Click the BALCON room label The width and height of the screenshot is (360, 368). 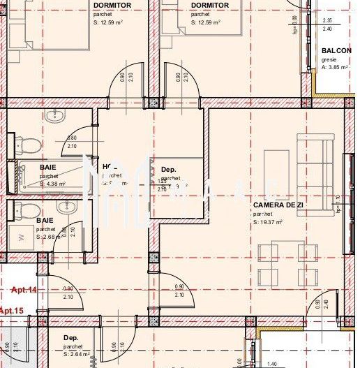pyautogui.click(x=336, y=51)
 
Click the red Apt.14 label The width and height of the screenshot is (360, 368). pyautogui.click(x=25, y=288)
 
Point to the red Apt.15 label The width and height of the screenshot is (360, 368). pyautogui.click(x=11, y=310)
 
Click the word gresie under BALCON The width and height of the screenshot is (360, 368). pyautogui.click(x=329, y=60)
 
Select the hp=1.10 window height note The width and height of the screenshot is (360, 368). pyautogui.click(x=338, y=204)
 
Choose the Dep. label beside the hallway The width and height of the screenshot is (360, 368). pyautogui.click(x=168, y=170)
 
